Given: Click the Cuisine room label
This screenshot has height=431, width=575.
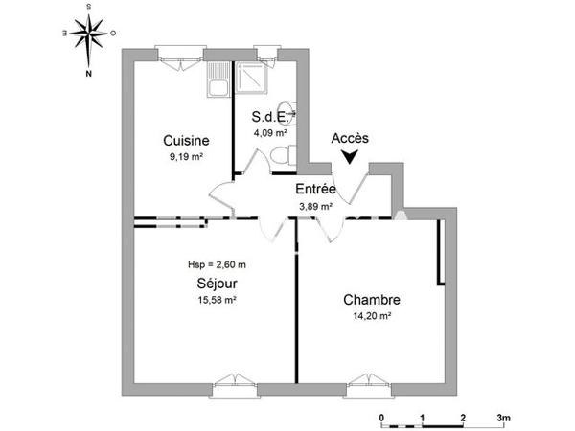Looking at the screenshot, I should tap(186, 140).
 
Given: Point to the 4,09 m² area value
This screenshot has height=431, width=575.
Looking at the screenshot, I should tap(268, 133).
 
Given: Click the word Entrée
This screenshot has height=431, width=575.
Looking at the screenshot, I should tap(314, 190).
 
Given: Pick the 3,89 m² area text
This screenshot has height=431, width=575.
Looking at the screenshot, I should tap(314, 206).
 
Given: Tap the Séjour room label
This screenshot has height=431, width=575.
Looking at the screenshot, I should tap(217, 284).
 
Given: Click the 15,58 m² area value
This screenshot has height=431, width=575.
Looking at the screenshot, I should tap(217, 300).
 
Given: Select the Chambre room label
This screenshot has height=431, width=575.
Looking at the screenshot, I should tap(372, 300).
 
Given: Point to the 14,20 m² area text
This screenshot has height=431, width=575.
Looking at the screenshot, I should tap(372, 316).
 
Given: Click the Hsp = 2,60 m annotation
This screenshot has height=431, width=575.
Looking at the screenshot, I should tap(218, 264).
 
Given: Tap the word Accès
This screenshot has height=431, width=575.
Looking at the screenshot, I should tap(350, 138).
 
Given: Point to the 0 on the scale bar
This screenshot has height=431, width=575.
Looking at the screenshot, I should tap(380, 419).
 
